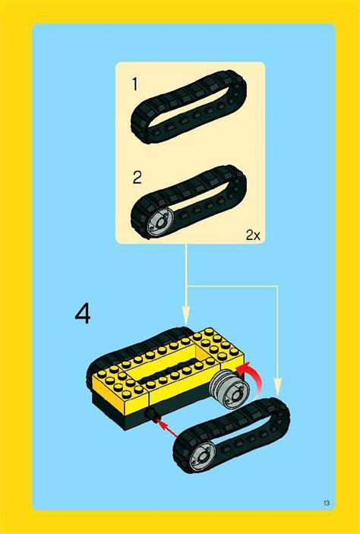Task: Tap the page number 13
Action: [326, 503]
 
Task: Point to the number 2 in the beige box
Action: [137, 178]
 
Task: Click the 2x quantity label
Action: [252, 235]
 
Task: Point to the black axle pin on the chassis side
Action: [152, 415]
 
